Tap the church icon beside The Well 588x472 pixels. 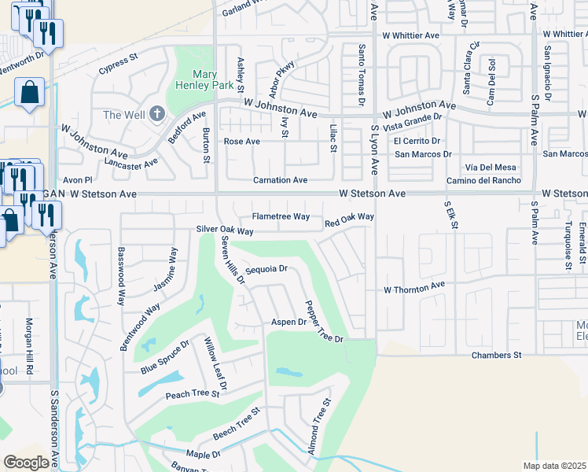tap(156, 115)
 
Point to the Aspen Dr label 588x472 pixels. tap(288, 322)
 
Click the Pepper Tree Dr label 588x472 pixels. tap(325, 322)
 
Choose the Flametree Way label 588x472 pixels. tap(280, 216)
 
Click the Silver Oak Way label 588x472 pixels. tap(225, 230)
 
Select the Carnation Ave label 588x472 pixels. tap(280, 180)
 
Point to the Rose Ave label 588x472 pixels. tap(241, 142)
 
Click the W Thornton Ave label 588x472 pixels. tap(414, 289)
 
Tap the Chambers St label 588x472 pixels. tap(496, 356)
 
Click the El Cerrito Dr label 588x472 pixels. tap(417, 141)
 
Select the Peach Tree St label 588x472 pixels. tap(192, 393)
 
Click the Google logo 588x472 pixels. tap(26, 463)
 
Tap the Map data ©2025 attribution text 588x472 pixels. tap(553, 466)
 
